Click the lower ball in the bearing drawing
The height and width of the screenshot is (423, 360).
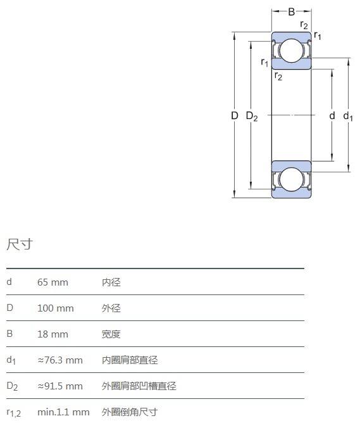coord(291,180)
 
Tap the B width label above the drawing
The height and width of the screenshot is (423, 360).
coord(291,12)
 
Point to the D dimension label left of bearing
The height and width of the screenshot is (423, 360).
coord(235,116)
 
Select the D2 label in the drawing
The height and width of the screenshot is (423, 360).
coord(252,117)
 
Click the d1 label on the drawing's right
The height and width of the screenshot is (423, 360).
coord(348,117)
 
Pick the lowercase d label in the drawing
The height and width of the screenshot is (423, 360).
coord(332,115)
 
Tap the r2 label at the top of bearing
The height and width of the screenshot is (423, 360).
coord(304,25)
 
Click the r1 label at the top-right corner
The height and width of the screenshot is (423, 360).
coord(318,35)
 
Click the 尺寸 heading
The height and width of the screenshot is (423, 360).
coord(20,244)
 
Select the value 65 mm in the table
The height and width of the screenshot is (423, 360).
coord(53,282)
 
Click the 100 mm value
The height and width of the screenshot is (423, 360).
coord(56,308)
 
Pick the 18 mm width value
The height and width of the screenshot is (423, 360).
coord(53,334)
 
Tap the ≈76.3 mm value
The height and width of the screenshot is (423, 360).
coord(60,360)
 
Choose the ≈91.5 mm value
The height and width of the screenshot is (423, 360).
coord(60,386)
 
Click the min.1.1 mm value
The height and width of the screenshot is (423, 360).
coord(64,412)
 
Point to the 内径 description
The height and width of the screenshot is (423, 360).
coord(111,282)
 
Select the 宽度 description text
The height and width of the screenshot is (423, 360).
coord(111,334)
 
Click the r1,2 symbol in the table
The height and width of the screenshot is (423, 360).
coord(14,413)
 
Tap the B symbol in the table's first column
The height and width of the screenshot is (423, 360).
coord(9,334)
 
